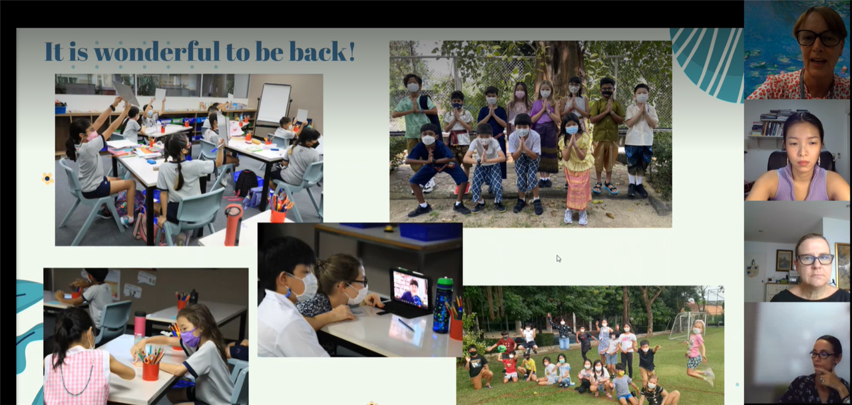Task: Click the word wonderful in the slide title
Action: tap(156, 51)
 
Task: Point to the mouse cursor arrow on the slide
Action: tap(558, 259)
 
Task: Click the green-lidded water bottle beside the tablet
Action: tap(443, 305)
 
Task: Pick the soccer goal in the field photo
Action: tap(688, 324)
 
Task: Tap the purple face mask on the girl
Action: tap(190, 338)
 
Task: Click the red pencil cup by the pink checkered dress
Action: tap(150, 371)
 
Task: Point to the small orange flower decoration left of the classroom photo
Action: tap(47, 178)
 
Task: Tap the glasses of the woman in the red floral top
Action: tap(819, 38)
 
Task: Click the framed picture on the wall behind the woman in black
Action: tap(783, 260)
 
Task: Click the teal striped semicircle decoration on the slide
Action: tap(708, 63)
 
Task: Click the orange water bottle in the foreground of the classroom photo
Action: tap(233, 225)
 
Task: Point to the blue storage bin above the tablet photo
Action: tap(430, 231)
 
